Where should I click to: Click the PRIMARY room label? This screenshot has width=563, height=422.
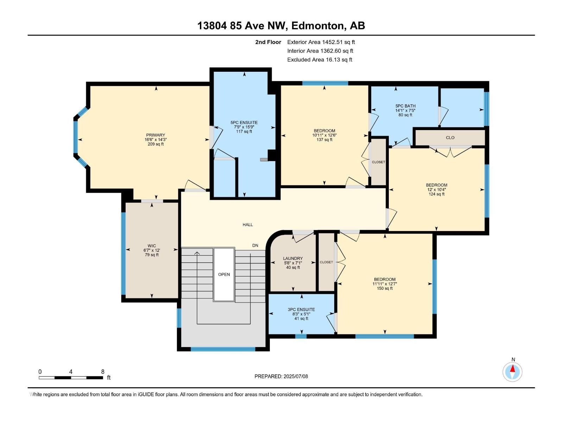click(x=156, y=135)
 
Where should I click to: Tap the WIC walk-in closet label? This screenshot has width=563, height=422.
click(x=152, y=246)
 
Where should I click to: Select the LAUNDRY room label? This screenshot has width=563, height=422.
click(x=293, y=258)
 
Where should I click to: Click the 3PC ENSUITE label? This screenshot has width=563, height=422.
click(x=301, y=309)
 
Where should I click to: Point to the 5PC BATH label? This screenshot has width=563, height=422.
click(x=405, y=106)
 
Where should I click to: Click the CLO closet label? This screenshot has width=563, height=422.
click(x=450, y=138)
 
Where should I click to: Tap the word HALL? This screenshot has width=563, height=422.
click(x=248, y=225)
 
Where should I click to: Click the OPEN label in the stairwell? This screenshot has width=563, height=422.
click(x=224, y=274)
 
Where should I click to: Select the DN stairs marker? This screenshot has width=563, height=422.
click(x=255, y=245)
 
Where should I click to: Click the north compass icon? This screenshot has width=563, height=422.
click(x=513, y=371)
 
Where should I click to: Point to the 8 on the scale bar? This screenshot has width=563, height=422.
click(x=103, y=372)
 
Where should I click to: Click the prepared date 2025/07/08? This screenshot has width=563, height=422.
click(x=295, y=376)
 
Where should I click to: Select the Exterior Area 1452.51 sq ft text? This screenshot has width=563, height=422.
click(x=321, y=42)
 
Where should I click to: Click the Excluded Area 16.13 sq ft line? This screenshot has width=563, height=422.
click(x=320, y=60)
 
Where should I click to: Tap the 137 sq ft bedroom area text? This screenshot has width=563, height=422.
click(x=324, y=140)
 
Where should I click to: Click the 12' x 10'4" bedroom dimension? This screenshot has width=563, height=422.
click(x=436, y=190)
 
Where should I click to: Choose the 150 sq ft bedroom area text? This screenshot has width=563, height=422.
click(x=384, y=288)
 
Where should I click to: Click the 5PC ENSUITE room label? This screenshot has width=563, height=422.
click(x=244, y=123)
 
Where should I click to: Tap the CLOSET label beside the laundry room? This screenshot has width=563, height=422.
click(x=326, y=262)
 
